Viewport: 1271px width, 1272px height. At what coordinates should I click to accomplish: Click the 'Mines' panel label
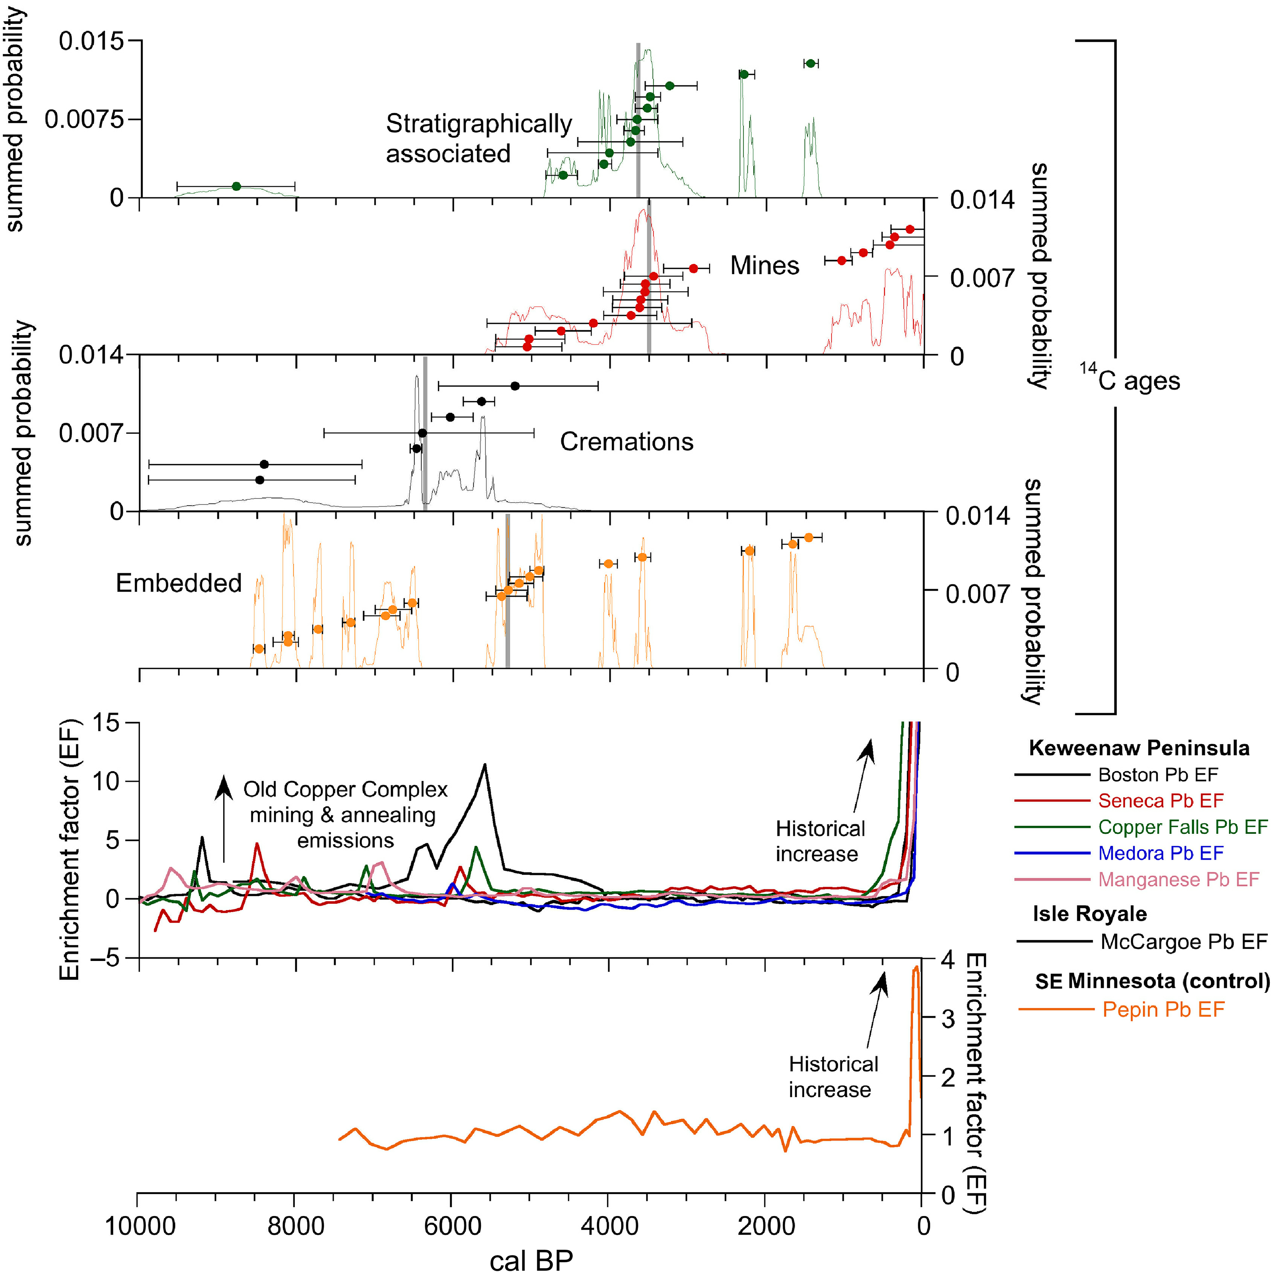tap(764, 265)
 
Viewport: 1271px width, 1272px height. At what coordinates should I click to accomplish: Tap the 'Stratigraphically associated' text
tap(479, 138)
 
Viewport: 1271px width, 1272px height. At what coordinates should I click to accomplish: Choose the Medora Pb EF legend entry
tap(1161, 853)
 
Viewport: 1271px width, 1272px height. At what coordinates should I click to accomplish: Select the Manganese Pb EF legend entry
tap(1178, 880)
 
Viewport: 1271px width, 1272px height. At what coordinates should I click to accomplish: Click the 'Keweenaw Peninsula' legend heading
tap(1139, 748)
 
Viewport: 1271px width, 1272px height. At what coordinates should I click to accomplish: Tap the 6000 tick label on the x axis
tap(451, 1226)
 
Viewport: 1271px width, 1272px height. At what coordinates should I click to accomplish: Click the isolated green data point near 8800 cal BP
tap(236, 186)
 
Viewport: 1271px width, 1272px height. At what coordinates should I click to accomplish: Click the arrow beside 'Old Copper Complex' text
tap(224, 819)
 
